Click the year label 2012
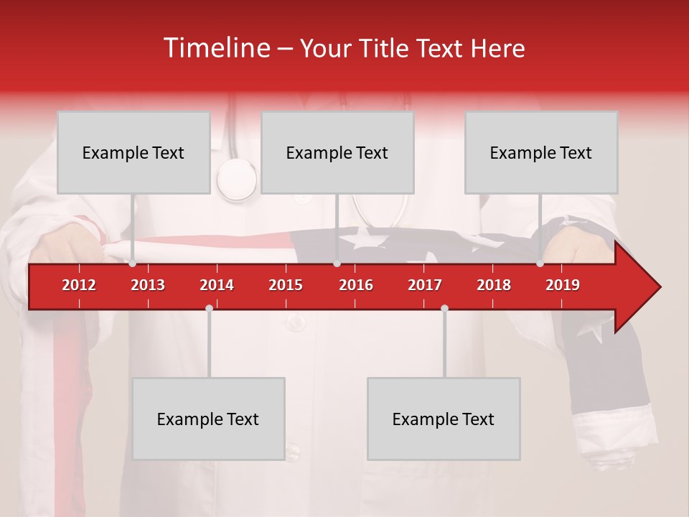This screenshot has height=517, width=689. [x=79, y=285]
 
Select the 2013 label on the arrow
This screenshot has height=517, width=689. [x=148, y=285]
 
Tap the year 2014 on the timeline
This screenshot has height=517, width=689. [x=217, y=285]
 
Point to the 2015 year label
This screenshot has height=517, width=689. [x=286, y=285]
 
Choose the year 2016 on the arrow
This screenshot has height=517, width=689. [x=356, y=285]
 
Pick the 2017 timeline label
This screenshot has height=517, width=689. [x=425, y=285]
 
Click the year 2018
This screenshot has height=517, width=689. [x=494, y=285]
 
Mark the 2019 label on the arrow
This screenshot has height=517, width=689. [x=563, y=285]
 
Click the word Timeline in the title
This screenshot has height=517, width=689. [x=215, y=48]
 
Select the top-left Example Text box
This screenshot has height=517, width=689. [x=133, y=152]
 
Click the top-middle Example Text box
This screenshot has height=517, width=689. [x=337, y=152]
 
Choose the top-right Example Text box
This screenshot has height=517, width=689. [x=541, y=152]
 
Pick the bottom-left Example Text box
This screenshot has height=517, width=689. [x=208, y=419]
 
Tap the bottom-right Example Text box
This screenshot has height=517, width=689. [x=444, y=419]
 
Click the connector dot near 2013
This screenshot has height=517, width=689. [x=133, y=264]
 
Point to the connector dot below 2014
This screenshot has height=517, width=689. [x=209, y=308]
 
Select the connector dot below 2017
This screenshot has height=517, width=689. [x=444, y=308]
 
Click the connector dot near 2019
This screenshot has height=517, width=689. [x=540, y=264]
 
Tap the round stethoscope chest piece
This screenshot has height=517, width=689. [x=236, y=180]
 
